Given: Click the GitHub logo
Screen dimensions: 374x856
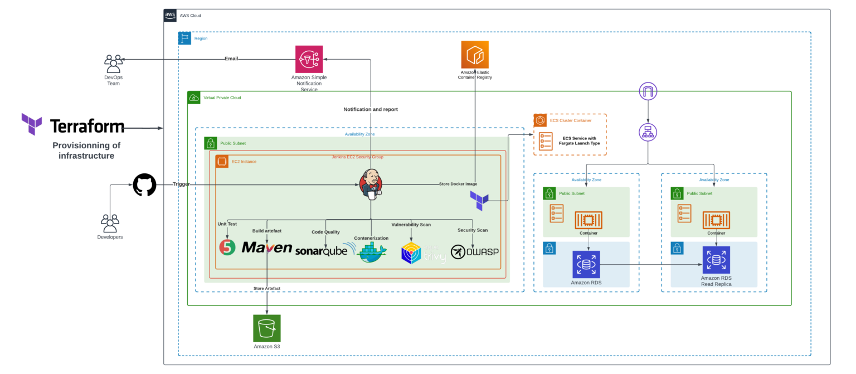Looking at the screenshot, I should click(x=145, y=184).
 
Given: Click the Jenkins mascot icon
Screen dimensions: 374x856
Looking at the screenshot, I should click(x=371, y=183).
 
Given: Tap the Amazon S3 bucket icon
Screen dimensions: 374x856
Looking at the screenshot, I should click(x=267, y=328).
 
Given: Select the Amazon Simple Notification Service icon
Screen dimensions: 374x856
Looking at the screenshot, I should click(x=309, y=59).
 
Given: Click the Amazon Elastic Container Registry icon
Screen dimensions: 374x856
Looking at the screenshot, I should click(x=475, y=55).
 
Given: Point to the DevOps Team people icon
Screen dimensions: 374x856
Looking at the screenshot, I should click(x=114, y=64).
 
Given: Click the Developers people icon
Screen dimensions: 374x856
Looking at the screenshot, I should click(x=110, y=223).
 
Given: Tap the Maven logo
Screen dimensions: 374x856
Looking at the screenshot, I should click(x=266, y=247).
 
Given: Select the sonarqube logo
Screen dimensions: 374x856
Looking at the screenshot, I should click(x=322, y=251).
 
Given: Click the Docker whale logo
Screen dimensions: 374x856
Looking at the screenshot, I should click(x=371, y=252).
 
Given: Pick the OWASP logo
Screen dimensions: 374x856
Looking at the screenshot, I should click(x=475, y=252).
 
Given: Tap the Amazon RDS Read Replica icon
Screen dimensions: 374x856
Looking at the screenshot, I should click(x=716, y=260).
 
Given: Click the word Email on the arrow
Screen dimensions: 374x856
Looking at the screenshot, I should click(x=231, y=59).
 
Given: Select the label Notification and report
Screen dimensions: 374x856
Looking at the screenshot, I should click(x=371, y=109).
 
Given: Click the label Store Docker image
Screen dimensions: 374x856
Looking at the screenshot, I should click(x=458, y=184).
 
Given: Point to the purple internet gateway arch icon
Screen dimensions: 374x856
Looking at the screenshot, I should click(x=648, y=91).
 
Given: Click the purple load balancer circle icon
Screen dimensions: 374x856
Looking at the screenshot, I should click(x=648, y=133).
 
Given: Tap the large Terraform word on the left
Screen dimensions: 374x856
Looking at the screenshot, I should click(x=87, y=126).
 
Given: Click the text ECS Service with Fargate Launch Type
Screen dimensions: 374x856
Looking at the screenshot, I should click(x=578, y=140).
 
